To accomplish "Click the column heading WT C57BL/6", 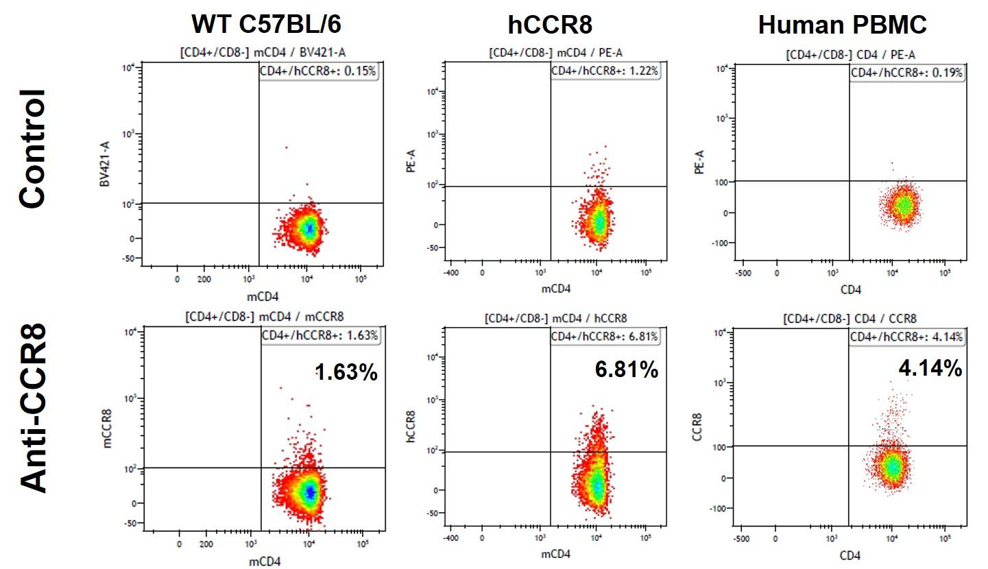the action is (x=266, y=24).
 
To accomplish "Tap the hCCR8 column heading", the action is (x=550, y=25).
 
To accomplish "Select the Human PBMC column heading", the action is (x=842, y=25).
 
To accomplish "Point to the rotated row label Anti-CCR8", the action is (x=34, y=408).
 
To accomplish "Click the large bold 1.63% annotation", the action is (x=346, y=372).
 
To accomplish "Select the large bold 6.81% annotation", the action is (x=626, y=370).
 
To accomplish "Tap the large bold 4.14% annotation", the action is (x=930, y=368).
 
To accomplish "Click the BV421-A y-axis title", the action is (x=105, y=164).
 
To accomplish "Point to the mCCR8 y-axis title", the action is (x=107, y=428).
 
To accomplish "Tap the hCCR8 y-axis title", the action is (x=411, y=426).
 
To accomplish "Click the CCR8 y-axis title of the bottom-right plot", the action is (x=697, y=427).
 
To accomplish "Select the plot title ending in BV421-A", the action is (x=263, y=53).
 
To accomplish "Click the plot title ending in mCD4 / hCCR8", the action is (x=556, y=319).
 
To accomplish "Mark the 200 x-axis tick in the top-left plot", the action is (x=204, y=279).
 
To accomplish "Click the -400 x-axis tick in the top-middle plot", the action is (x=451, y=273).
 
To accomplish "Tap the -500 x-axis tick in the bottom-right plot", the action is (x=741, y=539).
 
